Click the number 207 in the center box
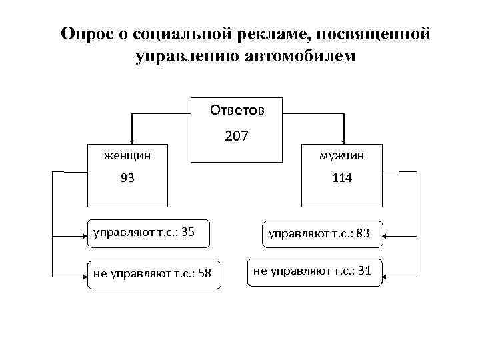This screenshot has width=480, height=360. (x=237, y=137)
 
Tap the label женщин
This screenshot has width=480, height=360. (x=127, y=155)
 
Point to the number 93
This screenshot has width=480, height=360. (x=127, y=179)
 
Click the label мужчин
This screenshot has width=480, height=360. (x=341, y=155)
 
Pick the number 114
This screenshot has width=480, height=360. (x=341, y=179)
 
